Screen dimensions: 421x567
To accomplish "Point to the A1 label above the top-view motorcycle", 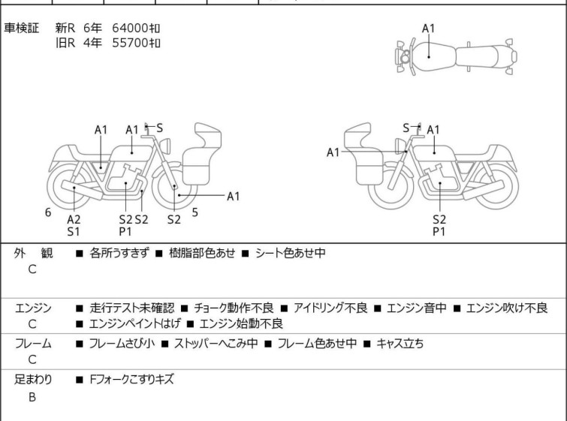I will point(428,29).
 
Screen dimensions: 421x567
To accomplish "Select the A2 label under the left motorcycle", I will point(74,219).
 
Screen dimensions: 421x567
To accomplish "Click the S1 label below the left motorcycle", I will point(74,232).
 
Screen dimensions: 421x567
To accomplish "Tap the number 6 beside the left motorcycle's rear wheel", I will point(48,212).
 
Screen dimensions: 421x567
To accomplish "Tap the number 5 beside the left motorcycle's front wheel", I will point(195,212).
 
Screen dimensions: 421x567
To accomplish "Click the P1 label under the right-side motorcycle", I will point(439,232).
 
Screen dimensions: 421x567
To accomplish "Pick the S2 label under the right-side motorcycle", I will point(439,219).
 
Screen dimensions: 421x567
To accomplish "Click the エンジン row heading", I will point(33,308).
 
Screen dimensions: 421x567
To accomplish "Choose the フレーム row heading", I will point(33,344).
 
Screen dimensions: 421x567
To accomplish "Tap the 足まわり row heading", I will point(33,380).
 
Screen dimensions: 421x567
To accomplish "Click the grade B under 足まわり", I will point(32,397).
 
